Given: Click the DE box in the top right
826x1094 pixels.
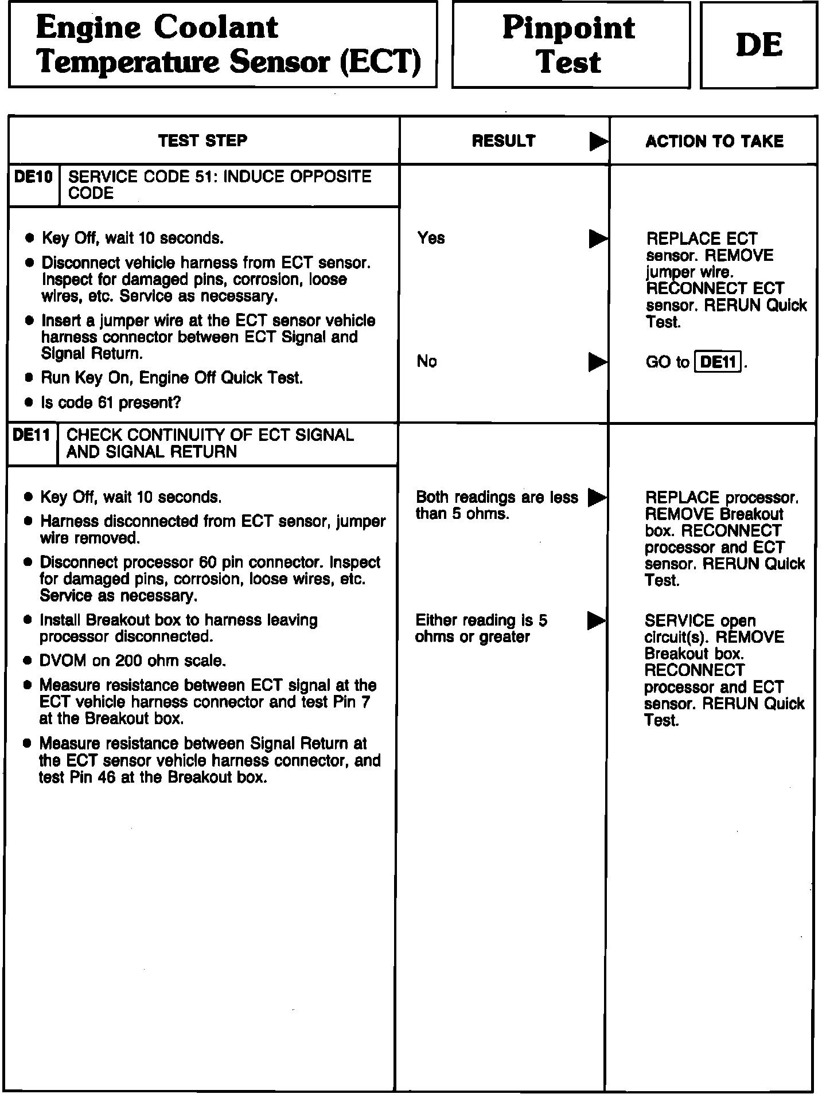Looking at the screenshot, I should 758,45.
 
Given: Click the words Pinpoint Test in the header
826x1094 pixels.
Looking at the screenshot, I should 569,45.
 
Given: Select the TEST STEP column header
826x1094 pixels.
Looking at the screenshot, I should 202,140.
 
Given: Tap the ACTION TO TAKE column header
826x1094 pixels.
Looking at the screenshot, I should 714,141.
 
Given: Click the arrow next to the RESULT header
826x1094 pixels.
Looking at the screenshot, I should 598,142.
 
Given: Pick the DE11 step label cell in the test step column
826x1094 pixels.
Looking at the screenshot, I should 32,435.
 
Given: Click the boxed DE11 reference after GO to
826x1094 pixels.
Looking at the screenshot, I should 718,362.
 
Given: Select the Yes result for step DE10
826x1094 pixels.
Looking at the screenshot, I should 431,238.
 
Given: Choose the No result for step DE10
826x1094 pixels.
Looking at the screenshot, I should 427,361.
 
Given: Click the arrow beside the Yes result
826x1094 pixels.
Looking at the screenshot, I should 598,239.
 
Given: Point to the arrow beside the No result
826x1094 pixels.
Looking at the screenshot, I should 598,362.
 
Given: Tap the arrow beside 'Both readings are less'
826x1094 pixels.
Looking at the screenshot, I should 597,497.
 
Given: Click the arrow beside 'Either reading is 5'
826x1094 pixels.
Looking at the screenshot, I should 596,620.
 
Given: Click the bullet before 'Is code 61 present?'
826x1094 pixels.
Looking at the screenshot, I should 30,403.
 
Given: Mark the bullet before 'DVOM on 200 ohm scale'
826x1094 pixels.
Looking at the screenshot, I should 28,661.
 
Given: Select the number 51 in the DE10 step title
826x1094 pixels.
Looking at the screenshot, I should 205,177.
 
